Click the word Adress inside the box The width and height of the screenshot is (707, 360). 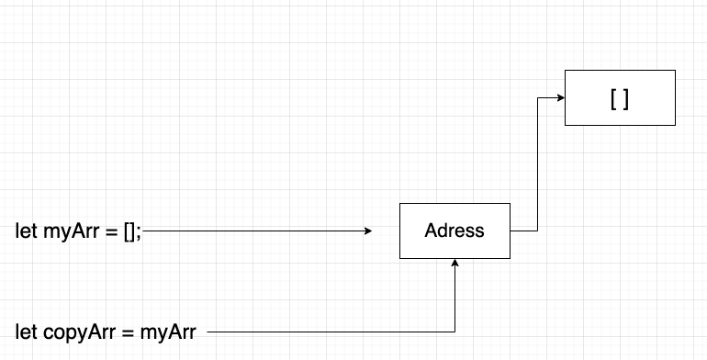[x=454, y=231]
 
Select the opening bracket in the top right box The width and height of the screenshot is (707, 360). [x=612, y=98]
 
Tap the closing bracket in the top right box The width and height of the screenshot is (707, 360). [x=626, y=98]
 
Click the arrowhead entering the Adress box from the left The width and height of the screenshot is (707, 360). [x=369, y=231]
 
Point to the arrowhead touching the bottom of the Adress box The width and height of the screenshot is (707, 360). [x=454, y=264]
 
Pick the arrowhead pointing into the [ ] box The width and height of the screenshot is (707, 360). [x=559, y=97]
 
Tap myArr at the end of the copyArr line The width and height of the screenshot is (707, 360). [x=168, y=332]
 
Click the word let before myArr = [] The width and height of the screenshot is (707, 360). [x=26, y=231]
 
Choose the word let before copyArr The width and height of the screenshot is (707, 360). [x=26, y=332]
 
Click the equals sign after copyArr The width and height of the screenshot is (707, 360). [x=128, y=332]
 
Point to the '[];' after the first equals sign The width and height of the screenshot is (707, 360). [x=132, y=231]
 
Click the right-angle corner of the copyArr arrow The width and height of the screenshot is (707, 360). [x=454, y=331]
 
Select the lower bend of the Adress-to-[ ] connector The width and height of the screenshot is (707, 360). [x=536, y=230]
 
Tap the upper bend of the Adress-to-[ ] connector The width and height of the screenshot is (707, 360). [x=536, y=97]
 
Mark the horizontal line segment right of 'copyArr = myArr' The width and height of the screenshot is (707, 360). [x=331, y=331]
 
